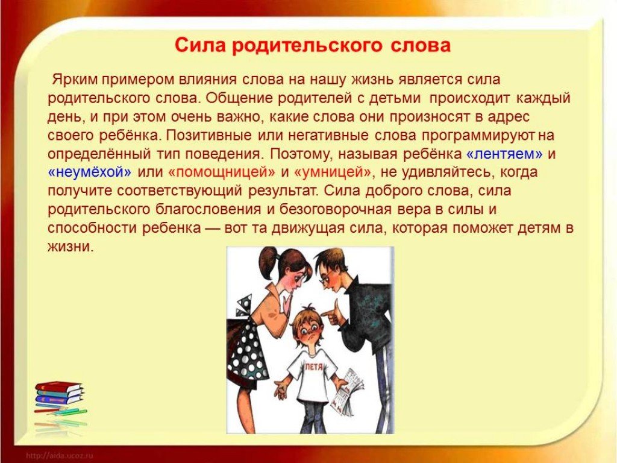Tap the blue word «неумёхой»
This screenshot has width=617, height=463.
click(90, 172)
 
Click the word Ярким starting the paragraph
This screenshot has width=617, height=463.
click(75, 79)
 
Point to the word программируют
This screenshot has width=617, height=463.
click(478, 136)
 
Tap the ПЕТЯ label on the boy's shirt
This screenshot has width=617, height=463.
click(313, 367)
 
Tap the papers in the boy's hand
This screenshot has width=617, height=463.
click(347, 391)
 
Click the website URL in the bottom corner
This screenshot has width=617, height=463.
click(59, 456)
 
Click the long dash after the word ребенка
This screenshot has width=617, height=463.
click(212, 228)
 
